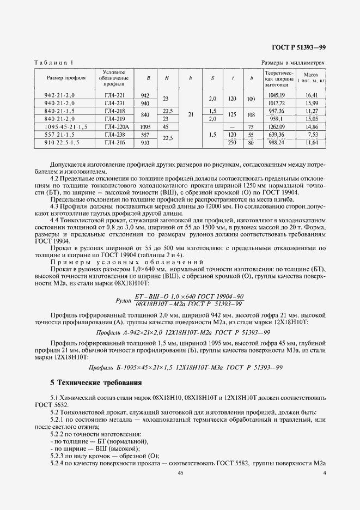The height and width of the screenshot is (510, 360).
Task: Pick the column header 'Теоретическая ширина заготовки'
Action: click(278, 78)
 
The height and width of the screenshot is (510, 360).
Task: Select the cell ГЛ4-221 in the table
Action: click(114, 95)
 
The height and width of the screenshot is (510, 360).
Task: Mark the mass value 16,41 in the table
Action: click(310, 95)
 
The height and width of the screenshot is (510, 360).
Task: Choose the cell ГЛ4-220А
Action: click(114, 126)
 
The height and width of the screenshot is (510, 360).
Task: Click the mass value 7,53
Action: click(312, 134)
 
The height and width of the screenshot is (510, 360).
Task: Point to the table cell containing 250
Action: click(232, 142)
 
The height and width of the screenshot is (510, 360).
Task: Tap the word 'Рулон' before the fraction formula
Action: click(124, 300)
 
